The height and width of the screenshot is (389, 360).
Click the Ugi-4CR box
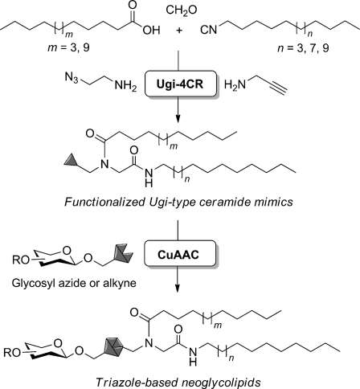point(180,84)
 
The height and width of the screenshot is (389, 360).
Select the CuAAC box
point(180,254)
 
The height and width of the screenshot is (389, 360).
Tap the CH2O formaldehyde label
point(182,10)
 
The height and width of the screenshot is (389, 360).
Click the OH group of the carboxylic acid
point(151,31)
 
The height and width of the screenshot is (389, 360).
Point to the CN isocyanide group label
point(209,30)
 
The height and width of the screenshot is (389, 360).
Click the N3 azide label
point(72,77)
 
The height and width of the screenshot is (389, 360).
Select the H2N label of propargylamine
point(235,84)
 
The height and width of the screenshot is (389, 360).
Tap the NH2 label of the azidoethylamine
point(125,86)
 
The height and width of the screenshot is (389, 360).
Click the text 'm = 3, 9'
point(68,48)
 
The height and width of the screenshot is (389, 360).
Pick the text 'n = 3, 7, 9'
point(303,48)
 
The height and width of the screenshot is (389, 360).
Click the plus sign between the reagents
point(179,31)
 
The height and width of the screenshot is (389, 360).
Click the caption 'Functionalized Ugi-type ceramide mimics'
point(178,202)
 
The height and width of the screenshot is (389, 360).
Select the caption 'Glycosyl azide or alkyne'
point(74,283)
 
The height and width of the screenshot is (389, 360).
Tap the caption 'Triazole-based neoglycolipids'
point(178,382)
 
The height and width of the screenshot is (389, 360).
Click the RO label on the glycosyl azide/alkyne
point(20,260)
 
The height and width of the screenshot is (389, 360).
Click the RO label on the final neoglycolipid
point(12,353)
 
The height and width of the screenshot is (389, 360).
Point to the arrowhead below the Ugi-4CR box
point(178,118)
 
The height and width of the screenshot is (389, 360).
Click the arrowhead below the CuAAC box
point(177,288)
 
